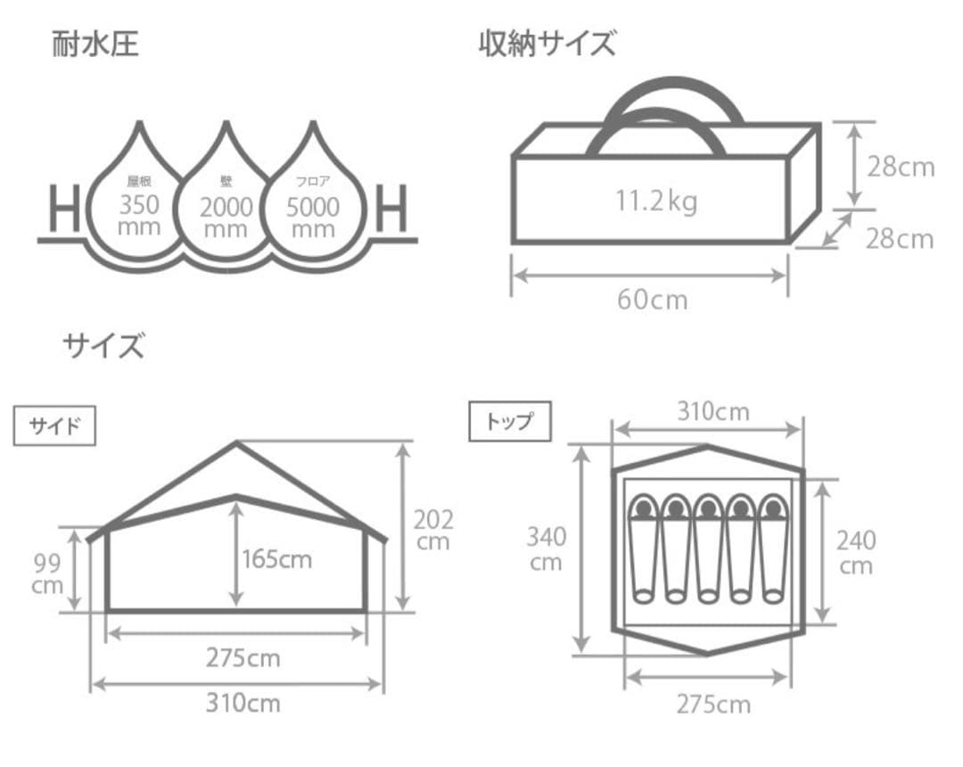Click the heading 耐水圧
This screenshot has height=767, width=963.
pos(95,44)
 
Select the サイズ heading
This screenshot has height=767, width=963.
pos(103,345)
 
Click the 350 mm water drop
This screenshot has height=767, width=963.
pos(138,210)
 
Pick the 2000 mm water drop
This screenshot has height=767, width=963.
pos(226,210)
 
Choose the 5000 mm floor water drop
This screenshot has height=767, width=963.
pos(312,210)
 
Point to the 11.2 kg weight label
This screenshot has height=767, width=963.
pos(655,202)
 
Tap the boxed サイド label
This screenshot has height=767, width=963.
pos(55,426)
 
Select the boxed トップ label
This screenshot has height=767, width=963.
pos(509,422)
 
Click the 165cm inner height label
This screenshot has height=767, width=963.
pos(276,559)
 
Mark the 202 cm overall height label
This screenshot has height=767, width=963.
pos(433,530)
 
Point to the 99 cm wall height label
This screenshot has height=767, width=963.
pos(46,573)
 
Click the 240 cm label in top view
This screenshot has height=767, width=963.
pos(855,552)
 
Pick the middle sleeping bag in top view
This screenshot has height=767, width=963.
pos(707,548)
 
